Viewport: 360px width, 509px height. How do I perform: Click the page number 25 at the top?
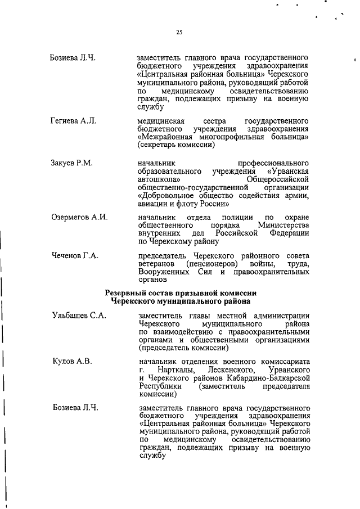click(x=179, y=33)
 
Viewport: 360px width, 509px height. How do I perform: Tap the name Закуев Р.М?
click(x=72, y=163)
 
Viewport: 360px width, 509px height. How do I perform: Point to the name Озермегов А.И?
click(x=79, y=218)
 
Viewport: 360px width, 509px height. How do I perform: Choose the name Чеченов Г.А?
click(x=75, y=256)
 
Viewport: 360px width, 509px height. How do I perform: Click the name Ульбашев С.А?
click(x=79, y=317)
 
